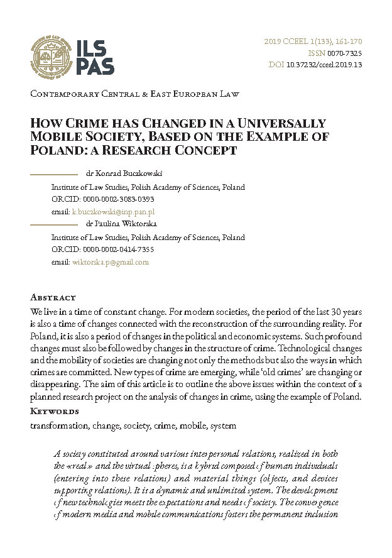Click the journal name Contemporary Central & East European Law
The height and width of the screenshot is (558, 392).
[x=135, y=95]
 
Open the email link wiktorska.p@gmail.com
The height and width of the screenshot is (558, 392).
[x=111, y=262]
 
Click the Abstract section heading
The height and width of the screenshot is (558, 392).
[x=53, y=298]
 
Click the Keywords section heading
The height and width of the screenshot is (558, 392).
[x=55, y=412]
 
